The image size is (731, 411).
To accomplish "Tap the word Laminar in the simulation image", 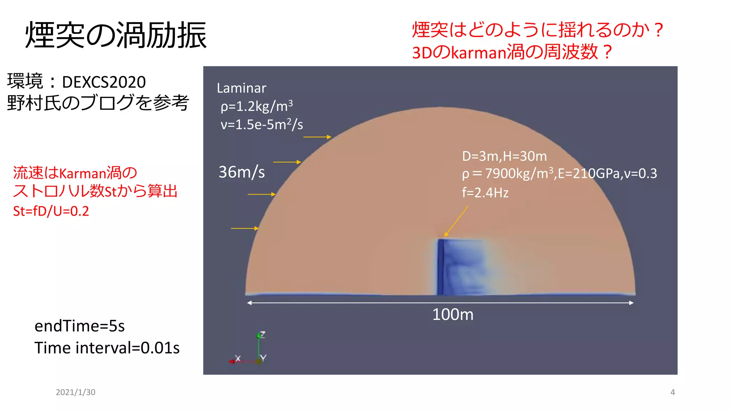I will tap(241, 88).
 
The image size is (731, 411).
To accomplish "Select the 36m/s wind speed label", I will tap(242, 172).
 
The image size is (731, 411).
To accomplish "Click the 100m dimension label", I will tap(453, 315).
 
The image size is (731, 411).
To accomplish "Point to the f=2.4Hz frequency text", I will tap(485, 193).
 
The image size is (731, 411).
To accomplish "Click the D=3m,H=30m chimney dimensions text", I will tap(504, 156).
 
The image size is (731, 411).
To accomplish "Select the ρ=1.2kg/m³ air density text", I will tap(257, 106).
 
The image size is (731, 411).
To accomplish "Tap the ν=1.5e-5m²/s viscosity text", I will tap(262, 125).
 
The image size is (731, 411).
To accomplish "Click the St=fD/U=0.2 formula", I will tap(51, 211).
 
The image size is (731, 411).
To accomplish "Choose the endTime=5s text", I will tap(80, 326).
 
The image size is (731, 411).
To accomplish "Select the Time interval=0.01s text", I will tap(107, 348).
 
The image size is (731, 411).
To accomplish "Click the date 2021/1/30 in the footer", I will tap(75, 392).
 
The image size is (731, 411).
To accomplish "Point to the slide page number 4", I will tap(672, 392).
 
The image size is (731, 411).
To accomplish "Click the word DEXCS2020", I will tap(104, 82).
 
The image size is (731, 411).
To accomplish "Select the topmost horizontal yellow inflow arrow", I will tap(317, 137).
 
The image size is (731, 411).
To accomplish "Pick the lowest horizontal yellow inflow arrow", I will tap(244, 228).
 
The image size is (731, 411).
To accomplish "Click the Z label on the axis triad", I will tap(263, 334).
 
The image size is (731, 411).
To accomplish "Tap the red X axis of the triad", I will tap(243, 361).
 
